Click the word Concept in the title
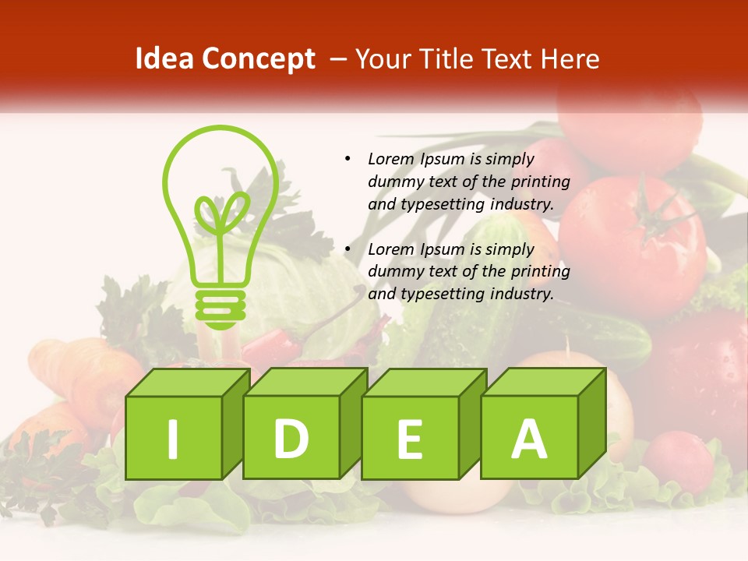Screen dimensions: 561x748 (x=257, y=60)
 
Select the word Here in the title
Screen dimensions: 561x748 (x=571, y=60)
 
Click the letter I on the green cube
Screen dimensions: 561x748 (x=173, y=439)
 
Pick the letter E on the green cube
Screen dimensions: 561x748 (x=409, y=439)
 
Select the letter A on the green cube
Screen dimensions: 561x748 (x=528, y=439)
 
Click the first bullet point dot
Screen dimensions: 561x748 (x=348, y=159)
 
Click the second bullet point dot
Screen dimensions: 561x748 (x=348, y=249)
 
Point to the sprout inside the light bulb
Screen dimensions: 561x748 (x=221, y=215)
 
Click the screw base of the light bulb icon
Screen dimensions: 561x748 (x=221, y=308)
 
